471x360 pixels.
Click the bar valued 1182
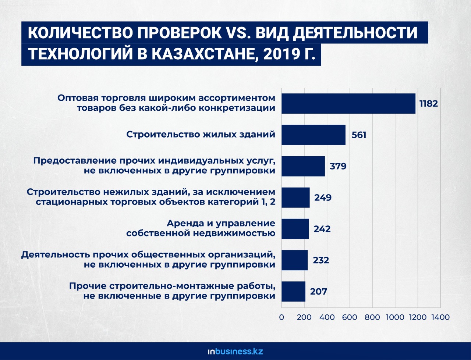click(348, 103)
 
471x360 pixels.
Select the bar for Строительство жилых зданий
click(314, 135)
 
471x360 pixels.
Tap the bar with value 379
click(303, 166)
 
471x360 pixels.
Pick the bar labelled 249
click(295, 197)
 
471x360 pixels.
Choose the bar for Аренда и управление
click(295, 229)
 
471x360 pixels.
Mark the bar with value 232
click(294, 260)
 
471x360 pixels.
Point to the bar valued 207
click(293, 291)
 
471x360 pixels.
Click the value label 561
click(359, 135)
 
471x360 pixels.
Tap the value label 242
click(322, 229)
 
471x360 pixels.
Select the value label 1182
click(429, 103)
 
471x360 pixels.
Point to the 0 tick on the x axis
click(281, 317)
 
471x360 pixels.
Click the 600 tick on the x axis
click(350, 317)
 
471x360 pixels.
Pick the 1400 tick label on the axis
click(440, 317)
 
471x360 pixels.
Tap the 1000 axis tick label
click(395, 317)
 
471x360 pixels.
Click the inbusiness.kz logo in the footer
click(235, 351)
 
